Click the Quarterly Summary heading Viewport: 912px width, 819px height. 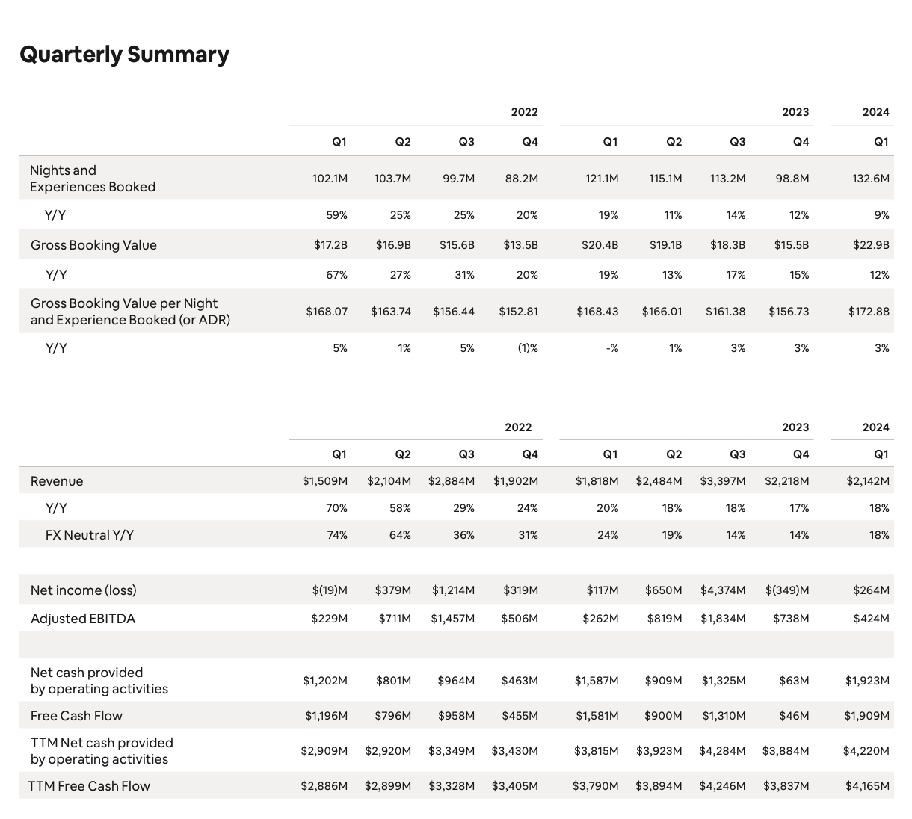124,55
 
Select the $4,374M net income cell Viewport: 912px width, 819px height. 722,590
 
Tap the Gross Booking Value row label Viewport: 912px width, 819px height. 93,245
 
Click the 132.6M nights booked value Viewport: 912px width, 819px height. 870,179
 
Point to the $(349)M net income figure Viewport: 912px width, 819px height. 786,590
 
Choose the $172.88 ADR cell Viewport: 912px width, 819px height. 869,312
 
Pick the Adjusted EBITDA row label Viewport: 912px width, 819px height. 83,619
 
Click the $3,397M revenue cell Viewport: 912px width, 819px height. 722,481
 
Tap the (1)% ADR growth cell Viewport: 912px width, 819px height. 528,348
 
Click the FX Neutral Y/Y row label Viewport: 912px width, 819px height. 90,535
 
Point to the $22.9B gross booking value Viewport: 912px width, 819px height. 871,245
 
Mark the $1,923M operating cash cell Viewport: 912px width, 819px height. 867,681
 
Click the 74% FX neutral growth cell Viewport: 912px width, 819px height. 337,535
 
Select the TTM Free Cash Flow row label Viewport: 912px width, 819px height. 89,786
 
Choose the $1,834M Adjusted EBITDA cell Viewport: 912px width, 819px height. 722,619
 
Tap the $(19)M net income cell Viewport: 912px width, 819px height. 330,590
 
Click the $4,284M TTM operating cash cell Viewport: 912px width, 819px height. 722,750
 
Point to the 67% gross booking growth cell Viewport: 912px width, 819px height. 337,275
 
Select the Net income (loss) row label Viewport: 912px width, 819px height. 84,590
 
